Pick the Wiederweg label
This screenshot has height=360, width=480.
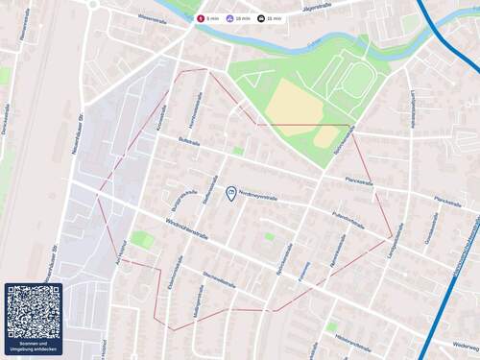tap(465, 345)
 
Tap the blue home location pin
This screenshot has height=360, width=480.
tap(230, 194)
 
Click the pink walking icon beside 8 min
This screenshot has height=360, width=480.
tap(201, 17)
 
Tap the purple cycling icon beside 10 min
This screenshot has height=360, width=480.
tap(231, 17)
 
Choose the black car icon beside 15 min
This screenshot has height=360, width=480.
tap(262, 17)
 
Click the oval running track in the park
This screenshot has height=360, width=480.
tap(356, 81)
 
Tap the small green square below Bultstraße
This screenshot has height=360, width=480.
tap(238, 151)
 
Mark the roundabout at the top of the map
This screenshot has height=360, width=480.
tap(94, 3)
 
